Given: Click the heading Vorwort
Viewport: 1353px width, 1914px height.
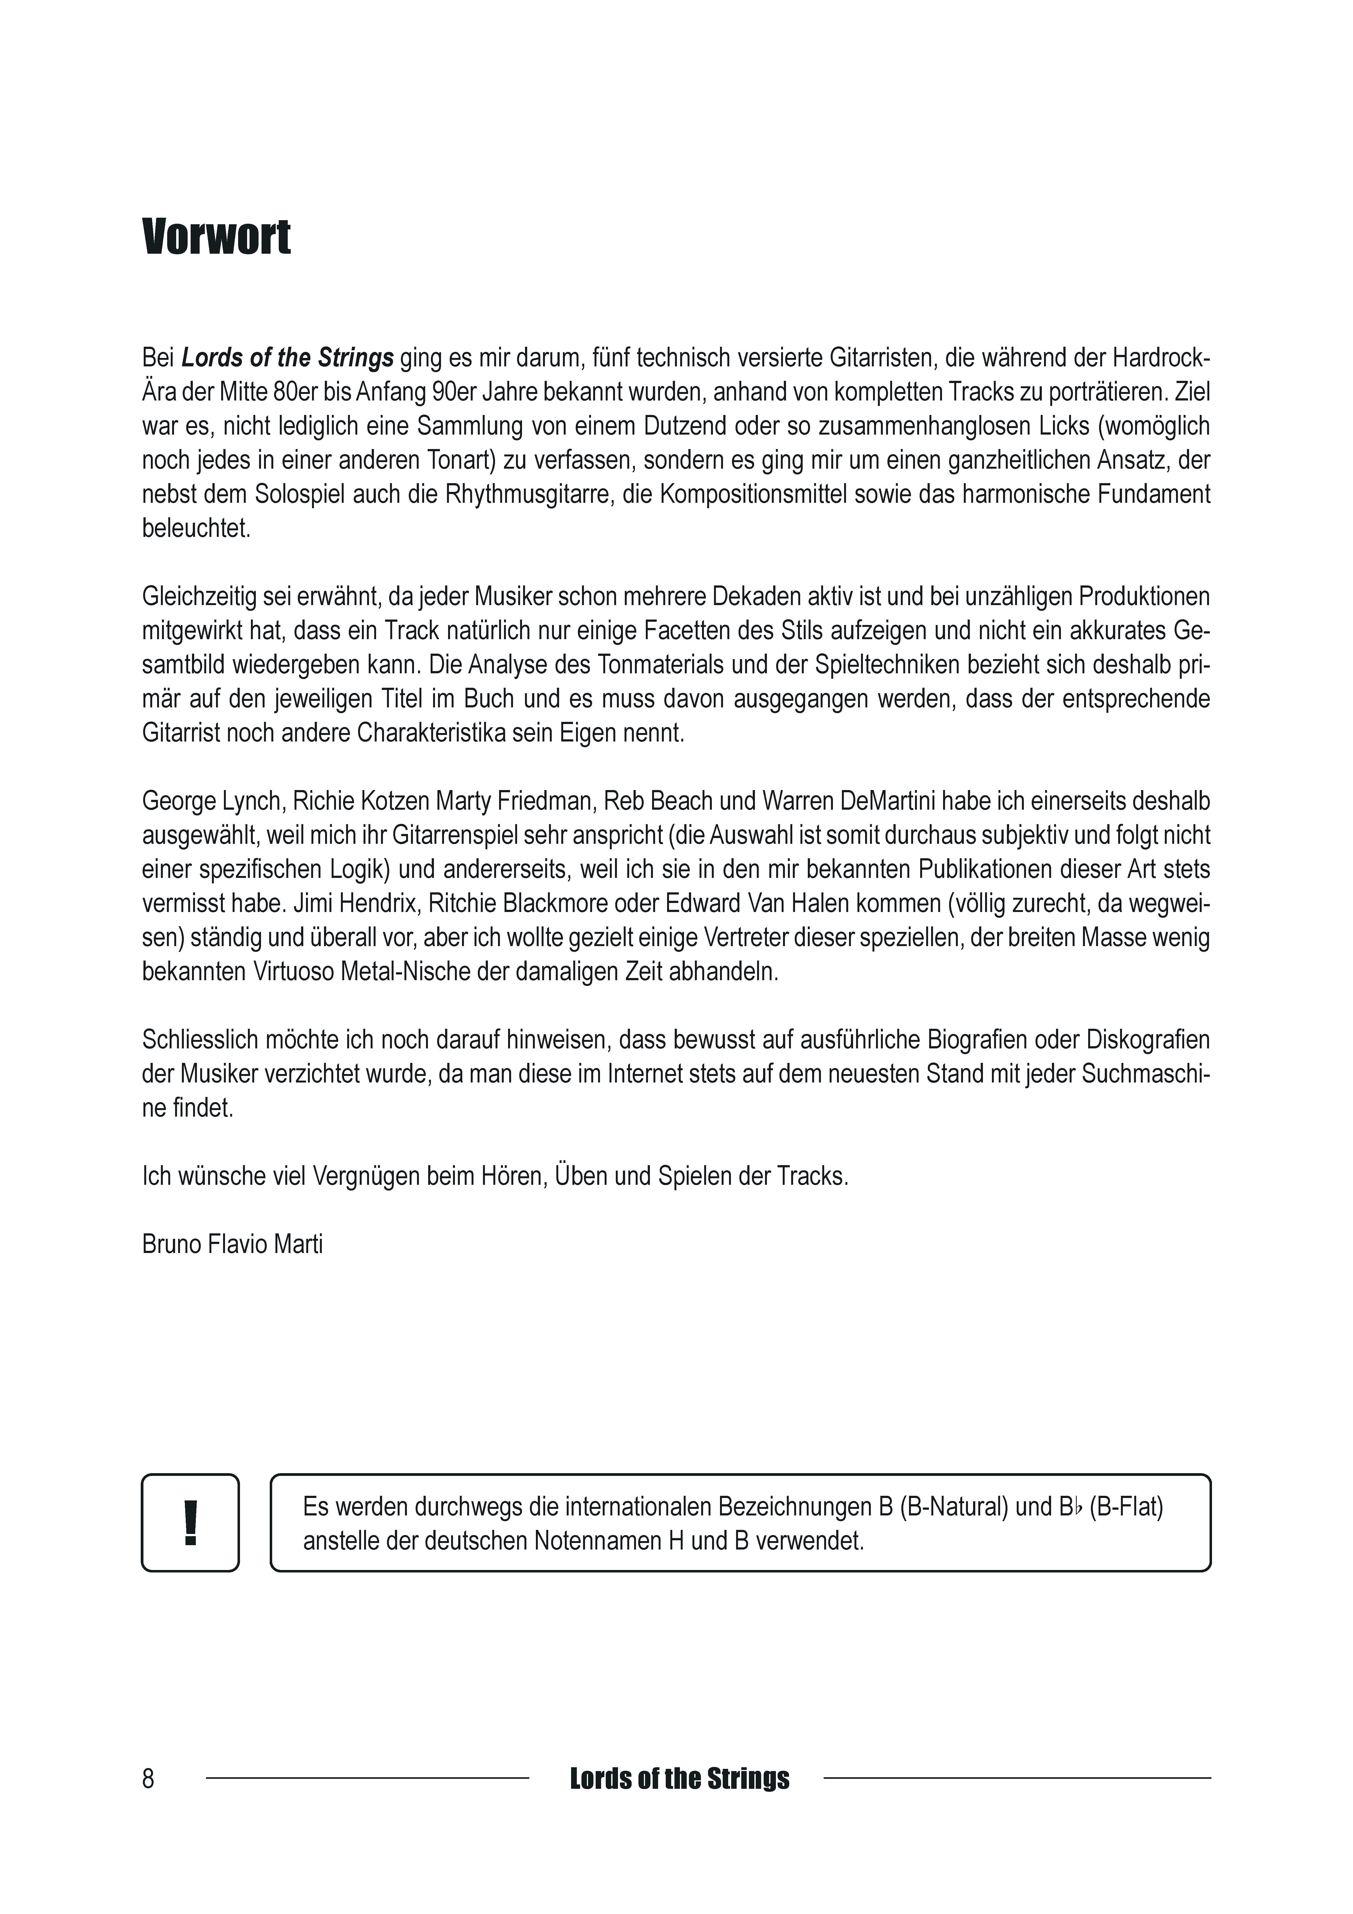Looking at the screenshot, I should [x=217, y=238].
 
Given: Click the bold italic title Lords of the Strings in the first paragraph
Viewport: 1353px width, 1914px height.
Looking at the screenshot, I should [x=288, y=358].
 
